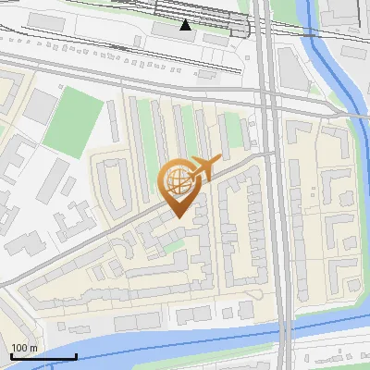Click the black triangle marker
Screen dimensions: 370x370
click(186, 24)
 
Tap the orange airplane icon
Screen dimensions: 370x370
click(205, 167)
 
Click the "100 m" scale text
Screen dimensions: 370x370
click(24, 348)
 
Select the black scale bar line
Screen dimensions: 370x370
click(43, 356)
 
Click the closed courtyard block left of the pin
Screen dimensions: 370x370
click(112, 184)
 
